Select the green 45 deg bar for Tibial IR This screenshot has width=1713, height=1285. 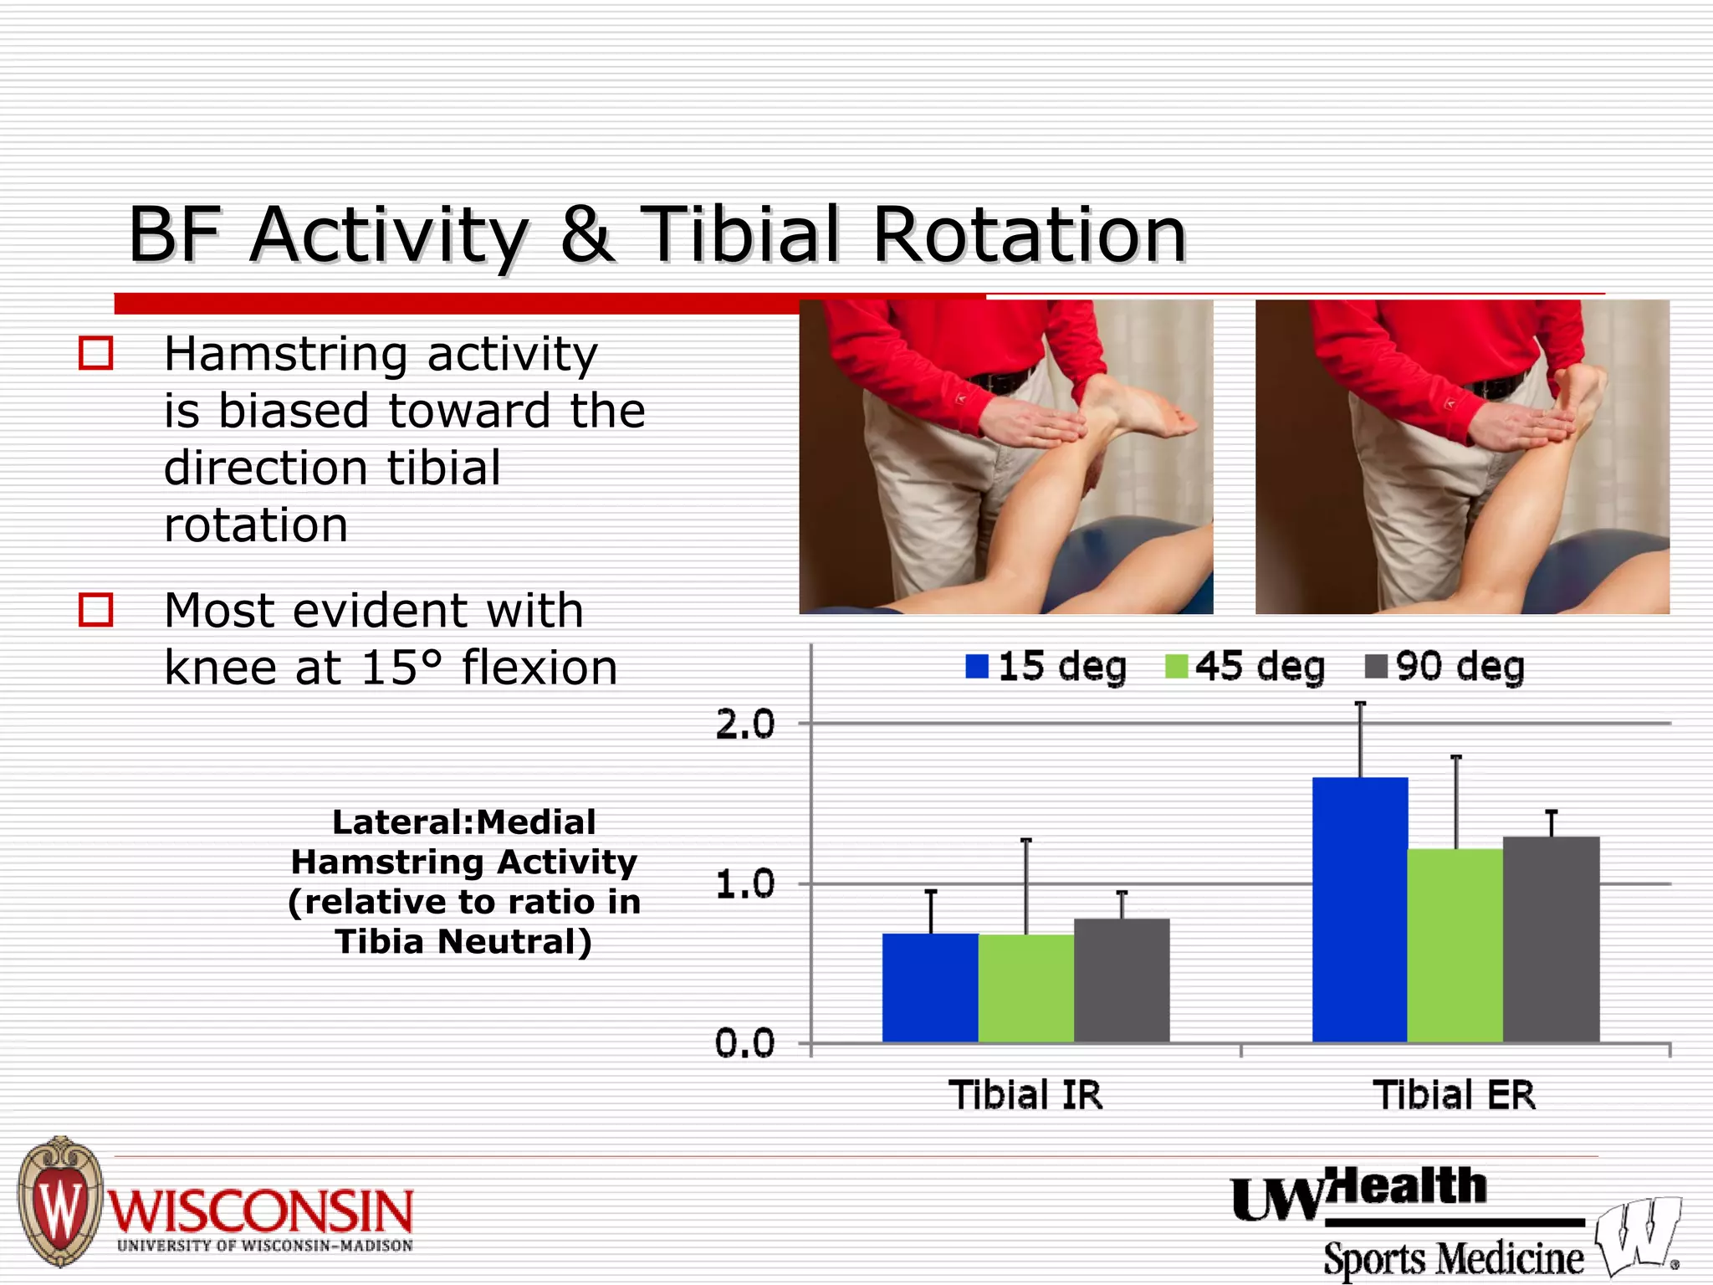click(1025, 988)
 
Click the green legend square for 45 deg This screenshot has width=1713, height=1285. click(1176, 667)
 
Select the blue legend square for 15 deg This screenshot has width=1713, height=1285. click(977, 667)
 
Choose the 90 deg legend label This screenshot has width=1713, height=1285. click(1460, 667)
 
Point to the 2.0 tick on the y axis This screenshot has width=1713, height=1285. click(744, 724)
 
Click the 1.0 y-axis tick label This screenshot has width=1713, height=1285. click(744, 885)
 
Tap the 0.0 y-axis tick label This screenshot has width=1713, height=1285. click(744, 1044)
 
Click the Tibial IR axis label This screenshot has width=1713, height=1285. click(1025, 1095)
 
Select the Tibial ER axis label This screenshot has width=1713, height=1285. click(1455, 1095)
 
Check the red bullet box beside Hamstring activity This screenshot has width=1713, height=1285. click(95, 353)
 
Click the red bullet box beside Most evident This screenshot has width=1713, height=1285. click(95, 609)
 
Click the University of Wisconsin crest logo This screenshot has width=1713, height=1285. click(59, 1201)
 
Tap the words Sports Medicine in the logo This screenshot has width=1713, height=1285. click(1453, 1258)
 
